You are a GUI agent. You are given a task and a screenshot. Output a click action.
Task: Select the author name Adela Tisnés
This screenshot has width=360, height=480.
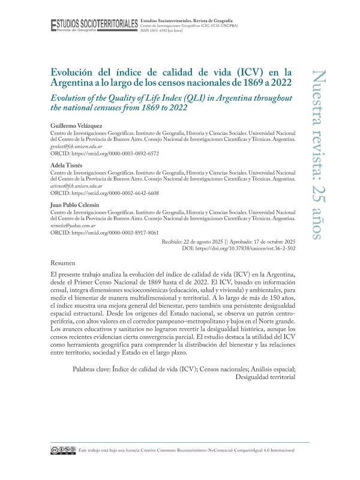point(67,164)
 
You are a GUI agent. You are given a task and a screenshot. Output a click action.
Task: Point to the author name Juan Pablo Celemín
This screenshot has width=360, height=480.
point(74,205)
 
